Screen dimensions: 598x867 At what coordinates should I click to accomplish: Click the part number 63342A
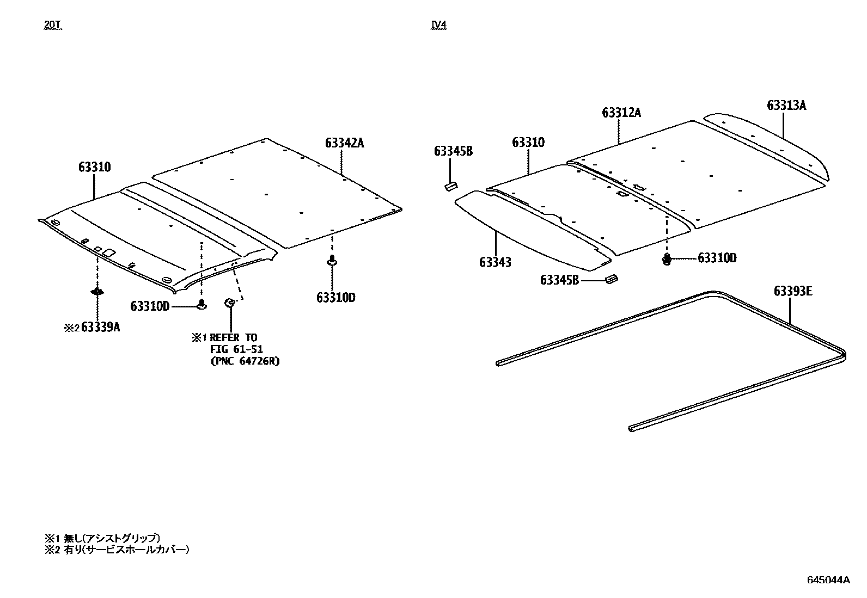[x=344, y=143]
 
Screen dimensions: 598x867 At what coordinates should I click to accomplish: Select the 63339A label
[x=100, y=328]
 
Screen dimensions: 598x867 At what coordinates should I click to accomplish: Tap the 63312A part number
[x=621, y=113]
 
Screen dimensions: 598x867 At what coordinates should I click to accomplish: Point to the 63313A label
[x=786, y=106]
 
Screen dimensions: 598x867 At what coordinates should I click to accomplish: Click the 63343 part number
[x=495, y=262]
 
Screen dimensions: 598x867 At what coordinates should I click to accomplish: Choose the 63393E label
[x=793, y=292]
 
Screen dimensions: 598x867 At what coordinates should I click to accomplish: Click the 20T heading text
[x=53, y=25]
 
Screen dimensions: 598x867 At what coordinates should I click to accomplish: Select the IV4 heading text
[x=438, y=25]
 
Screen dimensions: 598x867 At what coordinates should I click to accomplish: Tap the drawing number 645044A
[x=828, y=579]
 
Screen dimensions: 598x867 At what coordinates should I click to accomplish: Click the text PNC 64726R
[x=245, y=361]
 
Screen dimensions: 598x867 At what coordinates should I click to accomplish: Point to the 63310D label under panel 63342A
[x=335, y=298]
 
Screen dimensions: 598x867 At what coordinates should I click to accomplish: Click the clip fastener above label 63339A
[x=97, y=292]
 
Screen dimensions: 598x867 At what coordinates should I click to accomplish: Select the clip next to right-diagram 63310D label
[x=667, y=259]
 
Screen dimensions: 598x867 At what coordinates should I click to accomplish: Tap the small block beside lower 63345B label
[x=611, y=280]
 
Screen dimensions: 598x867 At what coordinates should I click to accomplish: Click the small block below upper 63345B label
[x=450, y=187]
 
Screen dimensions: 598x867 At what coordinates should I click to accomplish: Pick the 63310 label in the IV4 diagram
[x=528, y=143]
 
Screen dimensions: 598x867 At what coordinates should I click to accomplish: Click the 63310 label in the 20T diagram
[x=94, y=167]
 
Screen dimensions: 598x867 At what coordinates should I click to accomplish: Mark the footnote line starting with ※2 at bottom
[x=117, y=550]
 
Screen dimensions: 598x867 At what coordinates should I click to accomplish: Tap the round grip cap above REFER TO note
[x=230, y=303]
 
